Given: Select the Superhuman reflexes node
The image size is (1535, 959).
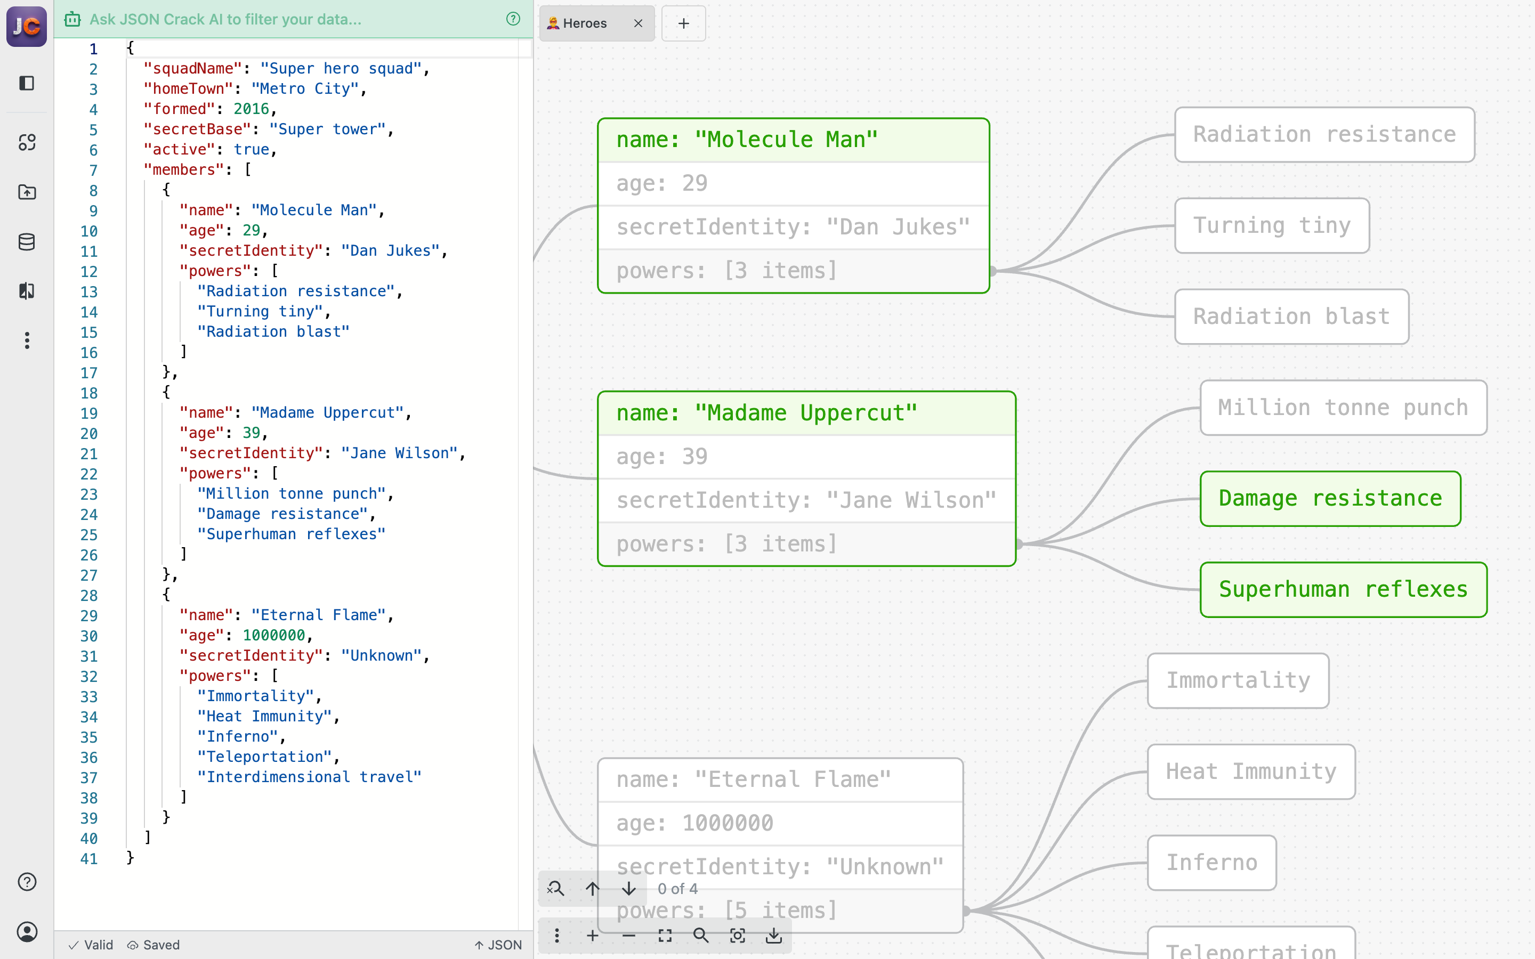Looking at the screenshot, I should [x=1343, y=589].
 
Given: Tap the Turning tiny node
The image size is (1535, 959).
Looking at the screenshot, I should [x=1271, y=225].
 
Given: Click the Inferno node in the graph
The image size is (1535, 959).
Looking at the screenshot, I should [x=1211, y=863].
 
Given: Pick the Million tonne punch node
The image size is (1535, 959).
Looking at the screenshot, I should [x=1343, y=407].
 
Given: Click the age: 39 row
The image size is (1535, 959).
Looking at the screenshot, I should [x=805, y=457].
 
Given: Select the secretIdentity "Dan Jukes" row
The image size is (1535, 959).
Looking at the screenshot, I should [x=793, y=227].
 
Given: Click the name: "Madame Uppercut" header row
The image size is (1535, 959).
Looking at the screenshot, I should [x=805, y=413].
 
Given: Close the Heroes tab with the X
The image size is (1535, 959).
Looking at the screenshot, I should [x=638, y=23].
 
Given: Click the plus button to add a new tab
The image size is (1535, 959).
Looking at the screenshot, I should [x=683, y=23].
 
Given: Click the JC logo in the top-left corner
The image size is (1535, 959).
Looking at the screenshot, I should [x=27, y=26].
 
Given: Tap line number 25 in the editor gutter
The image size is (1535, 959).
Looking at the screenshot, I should [x=89, y=535].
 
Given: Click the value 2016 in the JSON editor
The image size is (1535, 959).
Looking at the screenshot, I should [x=251, y=109].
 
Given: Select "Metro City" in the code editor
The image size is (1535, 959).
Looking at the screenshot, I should [x=304, y=89].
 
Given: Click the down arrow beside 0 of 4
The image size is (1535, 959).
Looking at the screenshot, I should [x=628, y=888].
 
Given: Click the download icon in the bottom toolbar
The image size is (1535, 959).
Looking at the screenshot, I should [x=773, y=935].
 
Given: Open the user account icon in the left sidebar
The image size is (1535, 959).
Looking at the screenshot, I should [x=27, y=931].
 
